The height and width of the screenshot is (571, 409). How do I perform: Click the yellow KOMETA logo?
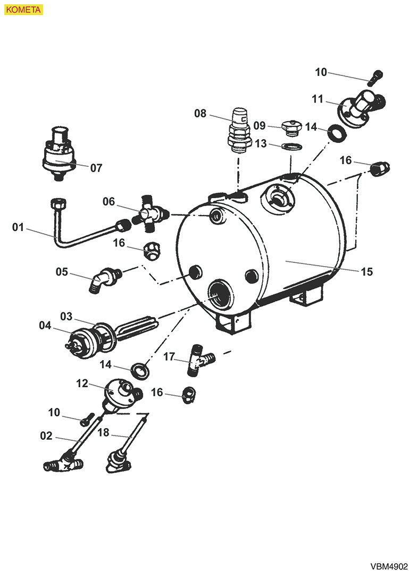click(x=22, y=10)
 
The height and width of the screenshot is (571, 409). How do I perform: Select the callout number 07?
click(x=96, y=168)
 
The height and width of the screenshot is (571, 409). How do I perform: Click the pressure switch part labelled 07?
click(x=59, y=151)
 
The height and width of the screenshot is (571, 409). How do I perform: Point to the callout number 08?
click(x=200, y=113)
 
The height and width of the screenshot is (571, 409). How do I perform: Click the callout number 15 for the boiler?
click(x=366, y=271)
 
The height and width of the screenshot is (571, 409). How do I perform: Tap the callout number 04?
click(x=46, y=325)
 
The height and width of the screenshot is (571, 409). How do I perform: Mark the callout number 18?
click(x=103, y=432)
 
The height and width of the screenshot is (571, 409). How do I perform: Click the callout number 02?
click(x=46, y=436)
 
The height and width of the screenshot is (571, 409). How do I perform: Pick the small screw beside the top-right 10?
click(x=375, y=77)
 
